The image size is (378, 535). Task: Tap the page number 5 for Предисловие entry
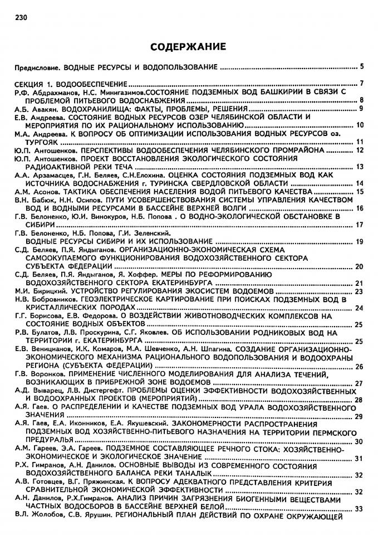(361, 67)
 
